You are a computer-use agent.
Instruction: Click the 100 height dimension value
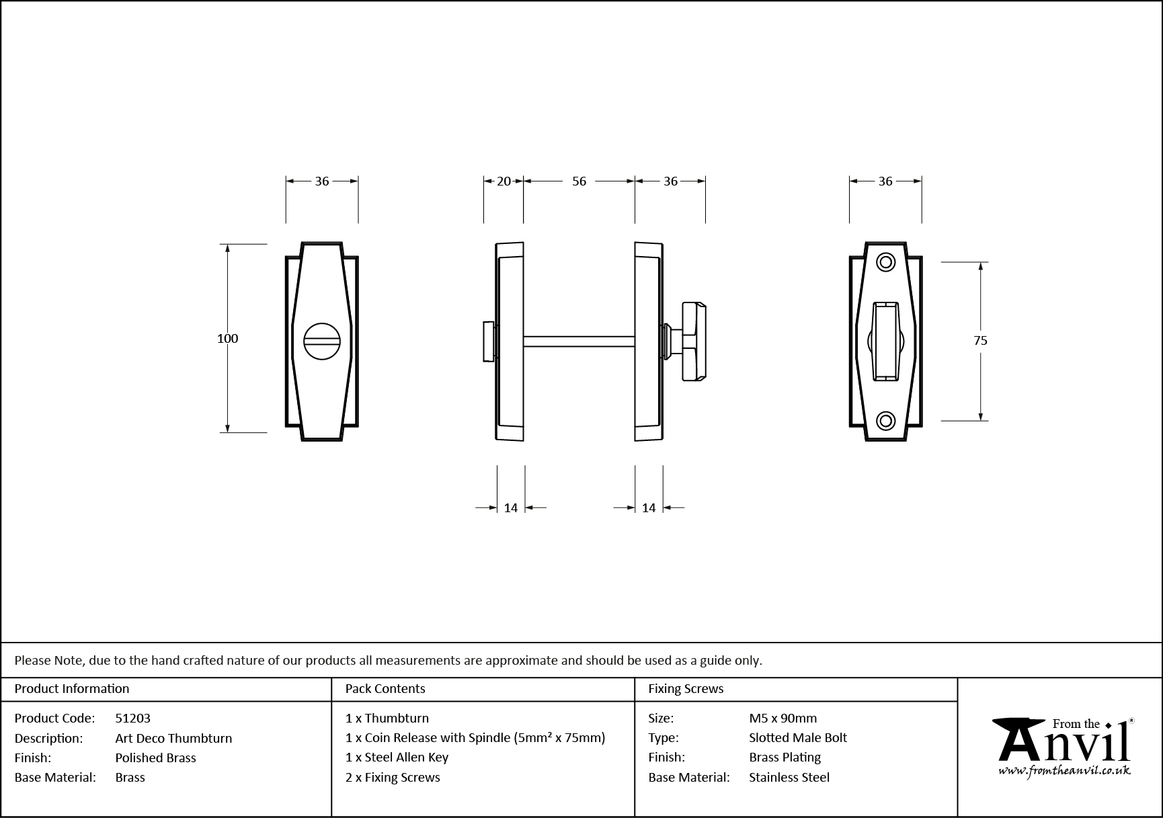coord(227,339)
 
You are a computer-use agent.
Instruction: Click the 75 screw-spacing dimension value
coord(980,341)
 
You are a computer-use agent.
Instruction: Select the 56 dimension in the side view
coord(579,181)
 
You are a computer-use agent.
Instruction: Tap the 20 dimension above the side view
coord(504,181)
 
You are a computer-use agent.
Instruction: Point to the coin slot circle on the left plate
coord(322,341)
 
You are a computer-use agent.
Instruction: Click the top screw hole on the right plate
coord(886,262)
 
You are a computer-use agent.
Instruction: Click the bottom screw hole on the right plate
coord(886,421)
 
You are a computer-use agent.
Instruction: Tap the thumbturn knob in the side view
coord(694,341)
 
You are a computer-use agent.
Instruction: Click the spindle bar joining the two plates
coord(579,341)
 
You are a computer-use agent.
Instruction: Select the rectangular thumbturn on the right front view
coord(885,341)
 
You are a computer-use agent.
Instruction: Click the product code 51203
coord(132,719)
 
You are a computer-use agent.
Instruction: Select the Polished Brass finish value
coord(155,758)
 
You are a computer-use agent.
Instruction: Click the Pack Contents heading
coord(385,689)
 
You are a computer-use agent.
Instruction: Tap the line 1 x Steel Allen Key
coord(397,758)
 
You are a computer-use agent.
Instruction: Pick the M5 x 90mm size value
coord(783,719)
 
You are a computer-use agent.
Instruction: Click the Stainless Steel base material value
coord(789,778)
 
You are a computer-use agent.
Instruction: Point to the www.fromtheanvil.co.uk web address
coord(1064,772)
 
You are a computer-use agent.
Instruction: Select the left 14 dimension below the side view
coord(511,508)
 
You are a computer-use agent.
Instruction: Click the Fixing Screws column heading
coord(685,689)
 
